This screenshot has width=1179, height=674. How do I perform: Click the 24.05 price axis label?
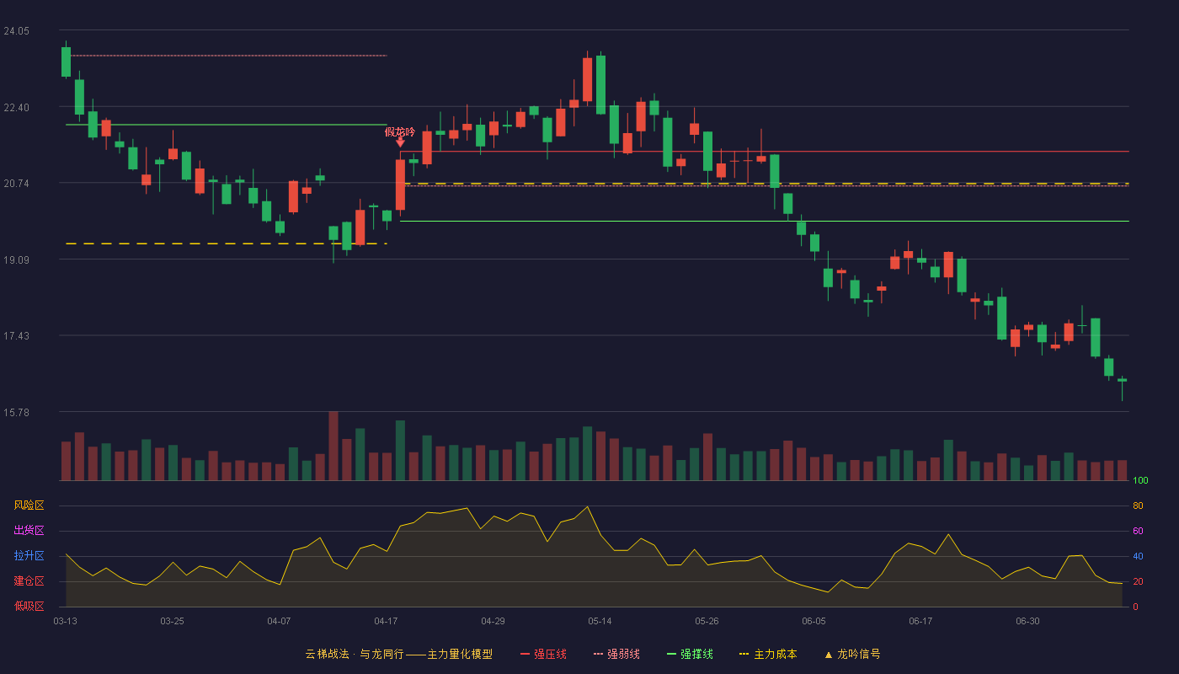[x=16, y=31]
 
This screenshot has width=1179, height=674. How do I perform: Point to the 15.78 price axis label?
[x=16, y=412]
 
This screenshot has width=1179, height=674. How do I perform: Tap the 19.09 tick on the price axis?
[x=16, y=260]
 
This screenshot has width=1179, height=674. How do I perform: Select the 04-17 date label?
[x=386, y=622]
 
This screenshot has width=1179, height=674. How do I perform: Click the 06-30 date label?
[x=1027, y=622]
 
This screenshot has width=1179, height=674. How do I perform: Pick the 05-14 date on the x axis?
[x=600, y=622]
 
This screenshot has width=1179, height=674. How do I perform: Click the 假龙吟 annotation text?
[x=399, y=131]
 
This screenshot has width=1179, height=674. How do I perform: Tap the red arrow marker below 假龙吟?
[x=401, y=142]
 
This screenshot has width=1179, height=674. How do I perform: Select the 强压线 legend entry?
[x=543, y=654]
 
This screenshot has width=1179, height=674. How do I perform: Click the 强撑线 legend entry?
[x=690, y=654]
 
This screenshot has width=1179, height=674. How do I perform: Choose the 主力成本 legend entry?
[x=768, y=654]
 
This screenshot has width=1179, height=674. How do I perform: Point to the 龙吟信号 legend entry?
[x=852, y=654]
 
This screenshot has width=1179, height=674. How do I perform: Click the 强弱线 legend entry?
[x=616, y=654]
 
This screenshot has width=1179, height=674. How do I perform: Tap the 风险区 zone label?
[x=29, y=505]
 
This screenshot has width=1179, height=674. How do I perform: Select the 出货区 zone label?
[x=29, y=530]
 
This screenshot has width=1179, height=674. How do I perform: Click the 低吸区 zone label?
[x=29, y=606]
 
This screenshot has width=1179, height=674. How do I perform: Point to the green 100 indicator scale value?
[x=1140, y=480]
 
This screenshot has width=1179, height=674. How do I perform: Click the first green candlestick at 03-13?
[x=66, y=62]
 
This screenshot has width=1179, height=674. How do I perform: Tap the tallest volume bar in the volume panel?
[x=333, y=446]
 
